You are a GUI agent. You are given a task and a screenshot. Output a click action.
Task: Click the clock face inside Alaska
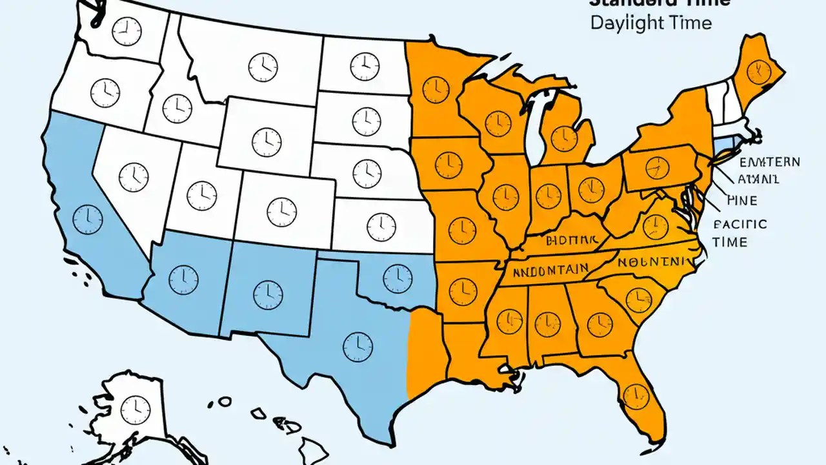pyautogui.click(x=136, y=410)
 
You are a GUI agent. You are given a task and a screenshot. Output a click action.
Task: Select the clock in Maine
pyautogui.click(x=759, y=68)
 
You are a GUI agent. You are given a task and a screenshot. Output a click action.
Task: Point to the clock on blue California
pyautogui.click(x=88, y=220)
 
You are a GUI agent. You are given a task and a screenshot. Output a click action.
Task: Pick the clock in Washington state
pyautogui.click(x=126, y=31)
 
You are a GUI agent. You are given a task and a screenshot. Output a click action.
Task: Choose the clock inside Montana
pyautogui.click(x=263, y=67)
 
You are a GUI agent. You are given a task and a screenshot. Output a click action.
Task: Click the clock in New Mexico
pyautogui.click(x=268, y=294)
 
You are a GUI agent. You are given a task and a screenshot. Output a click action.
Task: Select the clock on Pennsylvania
pyautogui.click(x=657, y=167)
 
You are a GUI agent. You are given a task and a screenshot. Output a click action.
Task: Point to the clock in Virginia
pyautogui.click(x=655, y=226)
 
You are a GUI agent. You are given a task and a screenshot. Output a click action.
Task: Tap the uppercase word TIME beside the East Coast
pyautogui.click(x=730, y=242)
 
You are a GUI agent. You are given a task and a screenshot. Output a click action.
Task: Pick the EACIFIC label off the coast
pyautogui.click(x=740, y=225)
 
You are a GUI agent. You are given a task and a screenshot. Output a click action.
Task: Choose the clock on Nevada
pyautogui.click(x=134, y=175)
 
